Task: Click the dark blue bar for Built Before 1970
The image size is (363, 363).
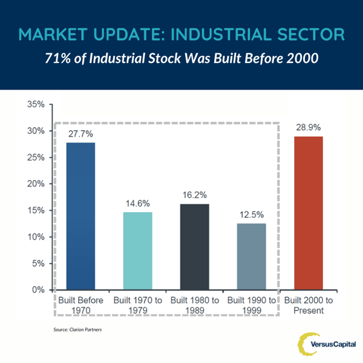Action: point(80,216)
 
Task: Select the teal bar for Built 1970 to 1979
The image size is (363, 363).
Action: point(138,251)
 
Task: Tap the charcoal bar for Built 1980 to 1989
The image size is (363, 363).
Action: point(195,247)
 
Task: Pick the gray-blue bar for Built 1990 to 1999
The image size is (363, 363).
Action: point(251,257)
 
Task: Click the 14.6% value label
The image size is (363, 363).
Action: point(138,204)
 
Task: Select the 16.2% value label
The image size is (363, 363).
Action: point(195,195)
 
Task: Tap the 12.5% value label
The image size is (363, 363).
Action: point(251,215)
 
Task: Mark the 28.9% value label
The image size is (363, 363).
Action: point(309,128)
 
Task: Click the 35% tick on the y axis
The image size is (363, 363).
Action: point(36,105)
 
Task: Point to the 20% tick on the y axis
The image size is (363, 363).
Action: point(36,184)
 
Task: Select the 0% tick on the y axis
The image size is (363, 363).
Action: point(38,290)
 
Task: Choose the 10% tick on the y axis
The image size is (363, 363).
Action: point(36,237)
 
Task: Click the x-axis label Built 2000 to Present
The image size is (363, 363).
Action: point(309,306)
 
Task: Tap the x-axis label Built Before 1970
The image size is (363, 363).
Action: point(80,306)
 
